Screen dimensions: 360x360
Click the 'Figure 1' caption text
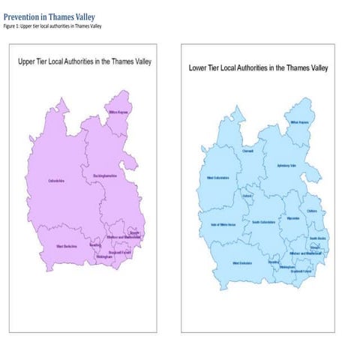[52, 26]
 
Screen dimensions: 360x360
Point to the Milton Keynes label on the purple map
[120, 112]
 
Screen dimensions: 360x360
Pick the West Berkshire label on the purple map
[67, 245]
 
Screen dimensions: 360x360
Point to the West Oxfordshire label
[218, 178]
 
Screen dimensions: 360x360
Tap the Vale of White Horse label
[217, 225]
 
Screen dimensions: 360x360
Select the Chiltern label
[312, 211]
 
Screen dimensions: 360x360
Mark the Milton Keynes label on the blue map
[299, 122]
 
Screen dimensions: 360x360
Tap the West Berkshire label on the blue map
[241, 263]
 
